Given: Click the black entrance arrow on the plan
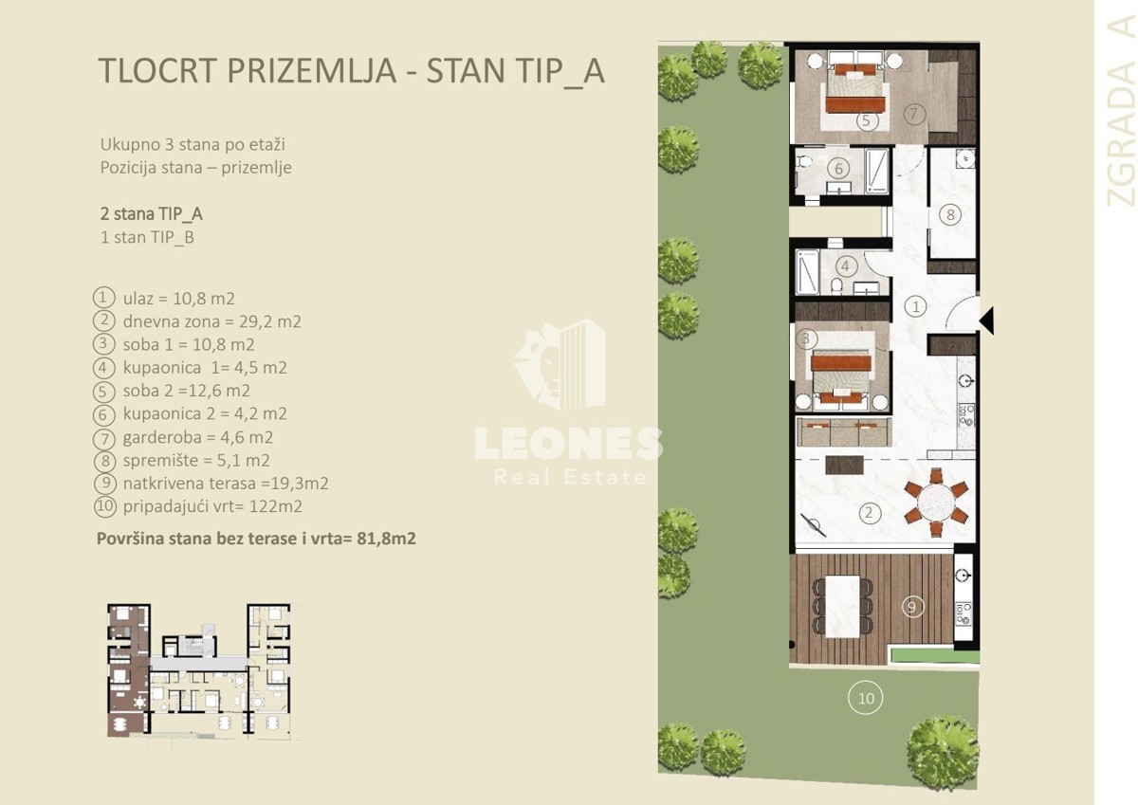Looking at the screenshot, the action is [987, 320].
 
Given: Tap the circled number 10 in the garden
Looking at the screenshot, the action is [866, 698].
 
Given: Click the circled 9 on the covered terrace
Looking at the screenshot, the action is [912, 607].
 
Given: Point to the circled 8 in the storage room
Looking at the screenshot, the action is [950, 214].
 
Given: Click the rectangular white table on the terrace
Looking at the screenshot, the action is [843, 607].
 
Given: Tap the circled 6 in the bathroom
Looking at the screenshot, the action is [838, 168].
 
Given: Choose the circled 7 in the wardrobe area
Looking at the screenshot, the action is [914, 113].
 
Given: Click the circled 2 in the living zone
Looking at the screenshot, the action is [869, 512].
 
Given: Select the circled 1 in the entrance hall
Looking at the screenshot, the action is [916, 306].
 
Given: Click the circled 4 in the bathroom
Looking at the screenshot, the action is [846, 265].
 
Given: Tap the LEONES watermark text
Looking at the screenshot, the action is [568, 444].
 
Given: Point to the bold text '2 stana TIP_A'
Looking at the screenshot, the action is [152, 214].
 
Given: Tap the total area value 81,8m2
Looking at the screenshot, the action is [386, 539].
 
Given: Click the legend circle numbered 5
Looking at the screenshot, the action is [103, 392].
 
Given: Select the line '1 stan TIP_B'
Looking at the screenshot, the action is [147, 237].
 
